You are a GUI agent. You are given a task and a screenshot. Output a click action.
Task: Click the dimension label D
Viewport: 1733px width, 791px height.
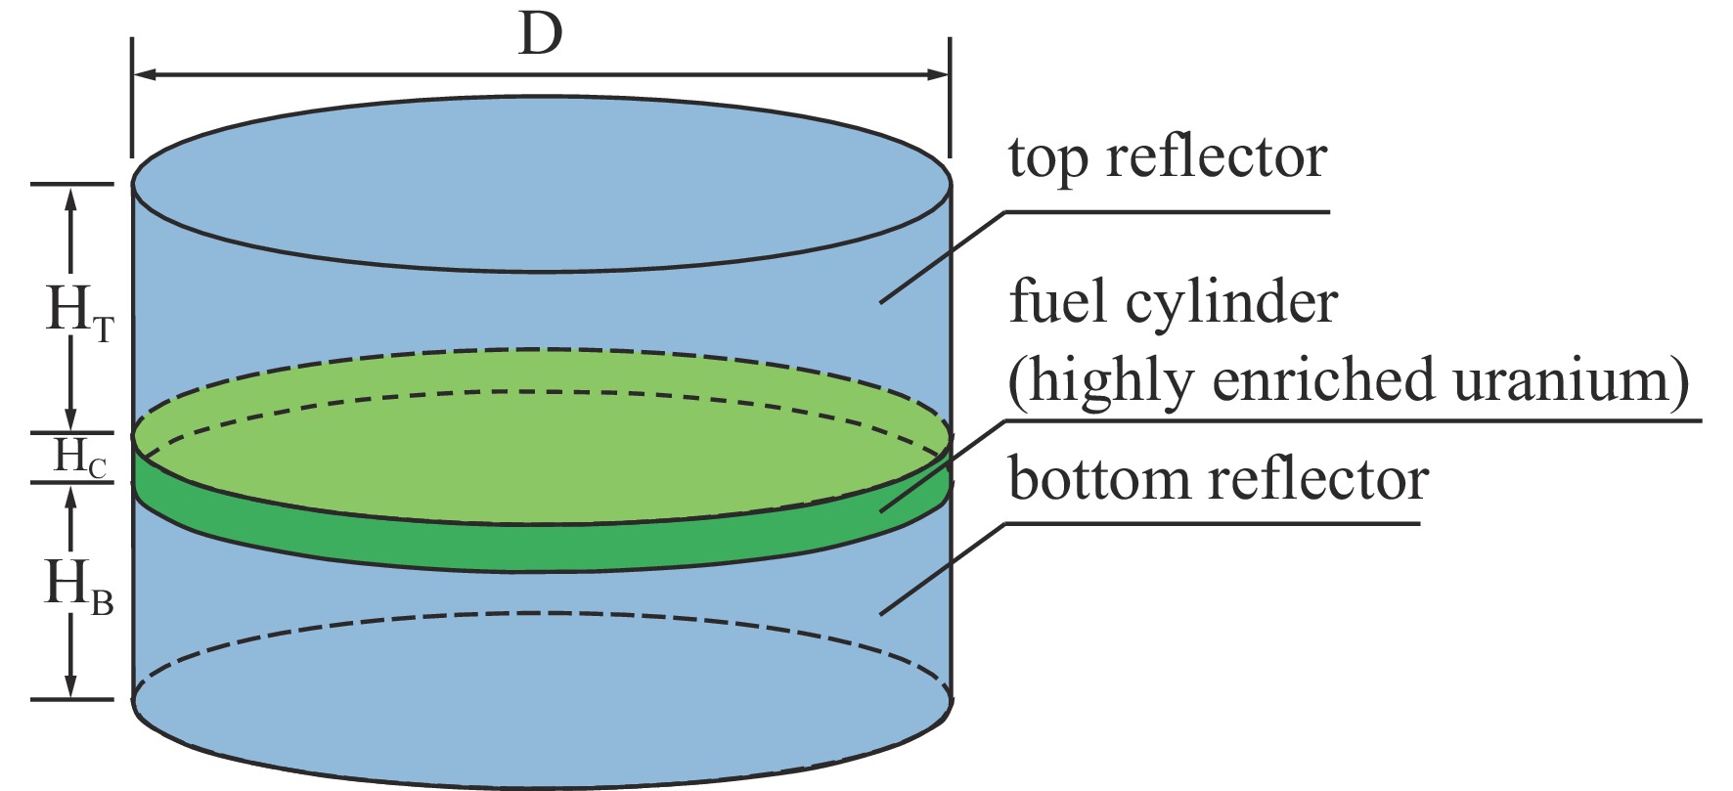[541, 36]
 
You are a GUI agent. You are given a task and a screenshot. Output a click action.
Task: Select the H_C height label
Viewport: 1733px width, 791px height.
[79, 458]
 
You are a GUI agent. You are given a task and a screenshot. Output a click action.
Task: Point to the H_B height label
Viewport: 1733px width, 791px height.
[79, 588]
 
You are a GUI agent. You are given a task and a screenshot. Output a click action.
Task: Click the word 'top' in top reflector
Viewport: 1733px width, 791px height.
[1048, 159]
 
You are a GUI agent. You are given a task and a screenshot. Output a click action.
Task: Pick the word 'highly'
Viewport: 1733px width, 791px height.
[1109, 381]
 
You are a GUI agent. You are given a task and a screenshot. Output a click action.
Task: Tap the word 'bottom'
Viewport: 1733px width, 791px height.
[1099, 479]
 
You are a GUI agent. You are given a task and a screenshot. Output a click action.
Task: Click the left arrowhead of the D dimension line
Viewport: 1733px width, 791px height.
[143, 74]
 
